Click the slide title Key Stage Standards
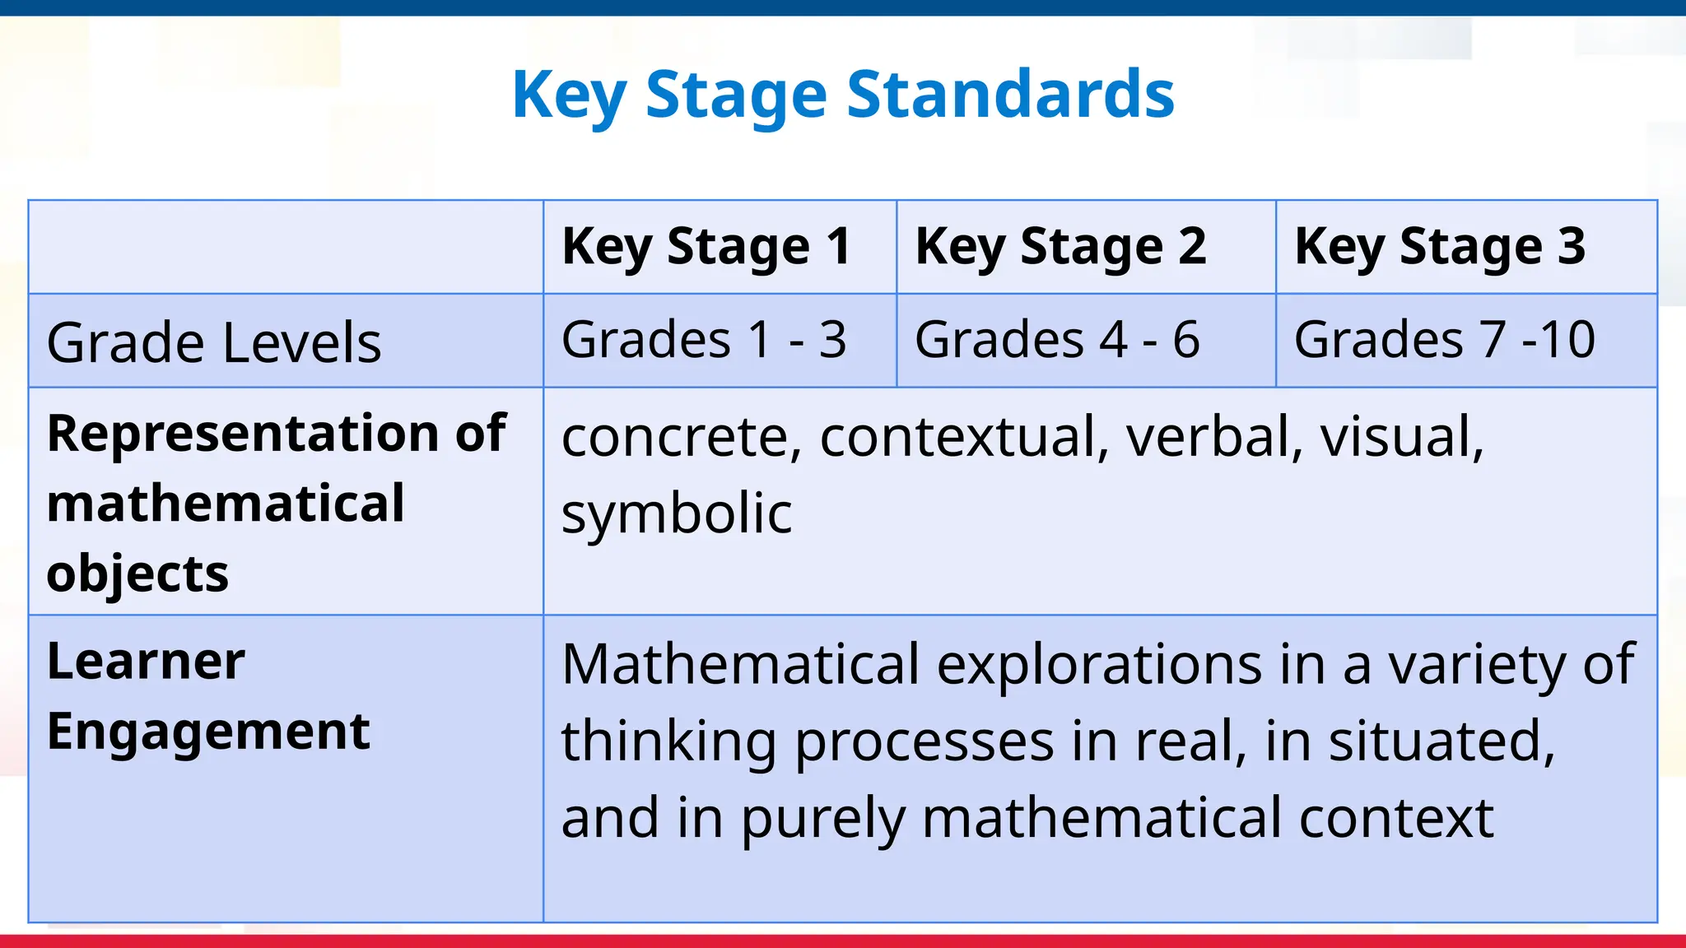tap(842, 95)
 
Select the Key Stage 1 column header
tap(706, 246)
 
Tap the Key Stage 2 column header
tap(1060, 246)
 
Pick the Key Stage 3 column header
tap(1439, 246)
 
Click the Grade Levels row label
tap(214, 342)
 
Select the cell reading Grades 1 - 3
tap(704, 340)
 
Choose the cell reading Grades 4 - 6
tap(1057, 340)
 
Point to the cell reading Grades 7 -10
tap(1444, 340)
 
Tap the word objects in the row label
tap(137, 574)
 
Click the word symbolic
tap(676, 513)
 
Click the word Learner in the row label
tap(146, 661)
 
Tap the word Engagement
tap(208, 732)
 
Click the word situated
tap(1441, 741)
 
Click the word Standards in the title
tap(1010, 95)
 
